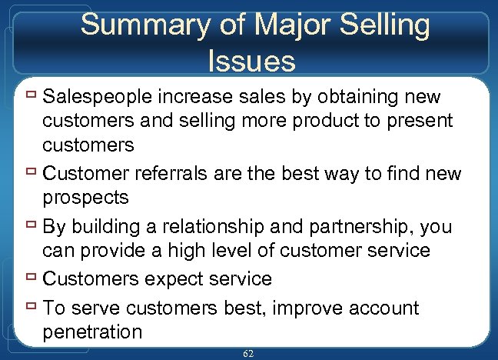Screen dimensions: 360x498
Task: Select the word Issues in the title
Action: pyautogui.click(x=251, y=59)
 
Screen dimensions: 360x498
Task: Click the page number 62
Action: pyautogui.click(x=248, y=352)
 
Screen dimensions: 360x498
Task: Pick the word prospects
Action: pyautogui.click(x=86, y=197)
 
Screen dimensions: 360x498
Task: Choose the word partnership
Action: pyautogui.click(x=350, y=228)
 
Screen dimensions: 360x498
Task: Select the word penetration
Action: pyautogui.click(x=93, y=332)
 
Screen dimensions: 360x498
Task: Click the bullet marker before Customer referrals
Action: pyautogui.click(x=32, y=174)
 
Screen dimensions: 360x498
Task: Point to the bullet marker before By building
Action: pyautogui.click(x=32, y=228)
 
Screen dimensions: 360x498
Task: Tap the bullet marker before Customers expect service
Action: pyautogui.click(x=32, y=278)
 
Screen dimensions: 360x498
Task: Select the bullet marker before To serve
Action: pyautogui.click(x=32, y=308)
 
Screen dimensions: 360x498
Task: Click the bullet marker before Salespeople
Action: pyautogui.click(x=32, y=98)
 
